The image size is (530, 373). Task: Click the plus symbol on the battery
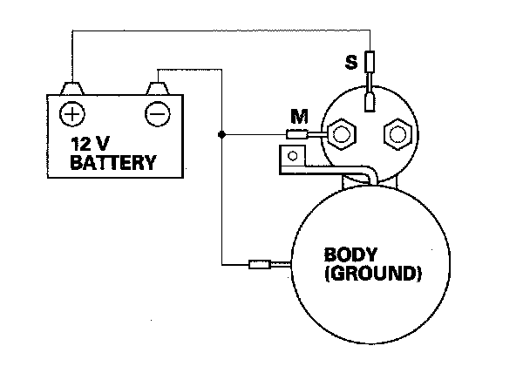click(71, 112)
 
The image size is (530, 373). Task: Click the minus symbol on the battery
click(158, 112)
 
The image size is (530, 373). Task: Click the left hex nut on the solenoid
click(340, 135)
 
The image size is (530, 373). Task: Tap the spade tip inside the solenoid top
click(370, 103)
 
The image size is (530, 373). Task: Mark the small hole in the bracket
click(294, 157)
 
